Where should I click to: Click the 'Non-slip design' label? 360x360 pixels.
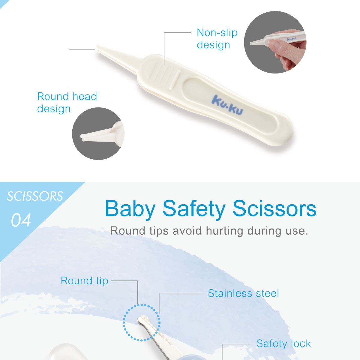coord(217,39)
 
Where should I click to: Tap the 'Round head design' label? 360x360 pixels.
coord(67,103)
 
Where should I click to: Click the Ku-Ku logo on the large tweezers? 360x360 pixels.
coord(227,104)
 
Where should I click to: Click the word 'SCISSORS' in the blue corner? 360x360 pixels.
coord(35,196)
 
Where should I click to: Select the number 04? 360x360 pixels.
coord(21,220)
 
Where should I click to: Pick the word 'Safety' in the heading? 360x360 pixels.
coord(194,209)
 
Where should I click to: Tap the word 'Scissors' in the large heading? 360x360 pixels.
coord(274,209)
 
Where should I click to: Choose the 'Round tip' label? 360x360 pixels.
coord(84,281)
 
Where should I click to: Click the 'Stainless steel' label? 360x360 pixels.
coord(243,293)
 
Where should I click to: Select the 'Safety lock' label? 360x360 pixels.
coord(283,343)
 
